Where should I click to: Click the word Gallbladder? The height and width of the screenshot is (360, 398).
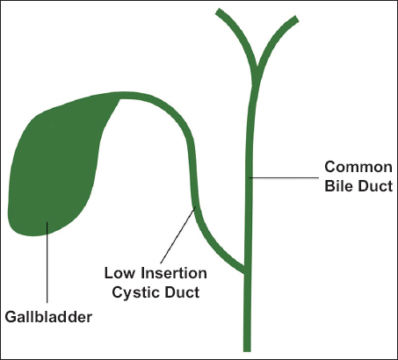[48, 317]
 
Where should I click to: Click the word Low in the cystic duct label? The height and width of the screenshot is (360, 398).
[120, 273]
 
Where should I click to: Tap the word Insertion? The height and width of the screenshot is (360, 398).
[174, 273]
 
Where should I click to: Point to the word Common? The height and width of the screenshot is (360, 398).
[358, 167]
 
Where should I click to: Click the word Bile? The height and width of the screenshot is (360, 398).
[338, 186]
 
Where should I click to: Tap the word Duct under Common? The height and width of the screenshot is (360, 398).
[375, 186]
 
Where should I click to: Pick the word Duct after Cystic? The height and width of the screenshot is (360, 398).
[182, 292]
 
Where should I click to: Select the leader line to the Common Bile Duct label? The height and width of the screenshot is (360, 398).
[284, 177]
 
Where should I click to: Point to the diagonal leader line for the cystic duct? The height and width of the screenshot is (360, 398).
[177, 235]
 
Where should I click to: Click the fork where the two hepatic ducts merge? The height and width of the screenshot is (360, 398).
[257, 70]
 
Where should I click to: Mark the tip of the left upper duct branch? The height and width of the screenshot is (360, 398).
[219, 11]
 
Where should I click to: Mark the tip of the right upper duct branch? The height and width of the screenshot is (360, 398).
[296, 19]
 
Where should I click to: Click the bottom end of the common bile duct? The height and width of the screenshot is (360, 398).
[247, 351]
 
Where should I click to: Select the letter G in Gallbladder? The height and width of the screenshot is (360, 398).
[11, 317]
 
